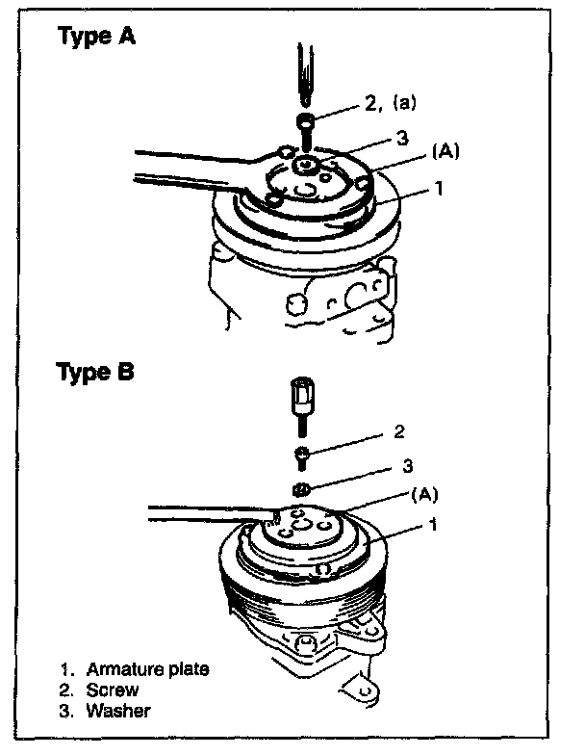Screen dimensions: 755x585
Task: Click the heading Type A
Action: pyautogui.click(x=96, y=38)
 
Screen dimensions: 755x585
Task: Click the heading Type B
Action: pyautogui.click(x=96, y=373)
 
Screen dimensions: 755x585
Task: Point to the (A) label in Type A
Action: pyautogui.click(x=444, y=151)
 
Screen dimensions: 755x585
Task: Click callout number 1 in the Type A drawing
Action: pyautogui.click(x=438, y=190)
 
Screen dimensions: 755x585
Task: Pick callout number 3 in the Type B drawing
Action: pyautogui.click(x=407, y=466)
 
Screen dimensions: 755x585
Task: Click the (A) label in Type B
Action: pyautogui.click(x=423, y=495)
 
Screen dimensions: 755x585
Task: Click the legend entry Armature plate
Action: pyautogui.click(x=147, y=669)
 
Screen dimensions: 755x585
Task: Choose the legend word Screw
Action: pyautogui.click(x=113, y=690)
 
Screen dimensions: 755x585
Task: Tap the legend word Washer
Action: pyautogui.click(x=118, y=712)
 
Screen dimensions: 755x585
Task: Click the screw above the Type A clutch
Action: pyautogui.click(x=304, y=125)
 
